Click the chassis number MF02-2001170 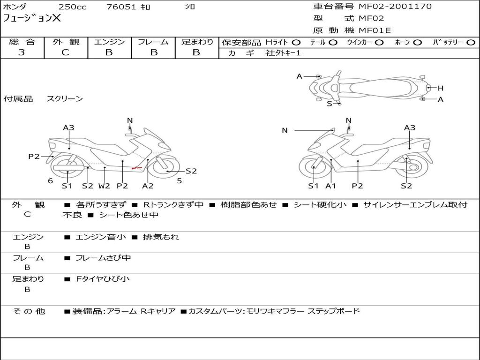tap(395, 7)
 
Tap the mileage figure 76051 tap(121, 7)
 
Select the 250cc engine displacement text tap(72, 7)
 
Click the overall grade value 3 tap(22, 52)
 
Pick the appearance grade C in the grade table tap(65, 52)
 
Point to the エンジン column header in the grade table tap(109, 42)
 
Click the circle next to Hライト tap(296, 43)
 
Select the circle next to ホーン tap(418, 43)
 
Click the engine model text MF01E tap(375, 30)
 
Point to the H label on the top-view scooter tap(441, 88)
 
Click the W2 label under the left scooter tap(104, 186)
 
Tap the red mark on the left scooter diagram tap(136, 167)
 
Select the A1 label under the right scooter tap(331, 186)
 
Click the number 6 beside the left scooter tap(50, 180)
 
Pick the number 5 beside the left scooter tap(179, 180)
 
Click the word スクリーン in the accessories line tap(65, 99)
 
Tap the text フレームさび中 tap(103, 258)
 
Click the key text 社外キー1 tap(283, 53)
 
